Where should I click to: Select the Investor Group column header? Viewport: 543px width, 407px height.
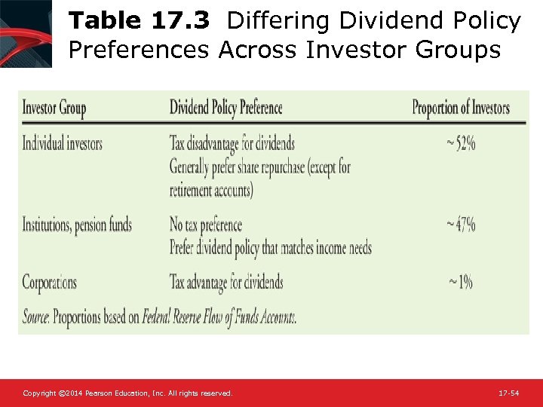pos(54,108)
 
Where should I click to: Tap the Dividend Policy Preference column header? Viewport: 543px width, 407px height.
pos(225,108)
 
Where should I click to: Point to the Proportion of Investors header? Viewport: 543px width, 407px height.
pos(461,108)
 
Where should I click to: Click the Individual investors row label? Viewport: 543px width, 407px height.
pos(62,143)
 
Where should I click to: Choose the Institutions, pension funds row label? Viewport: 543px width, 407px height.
pos(77,225)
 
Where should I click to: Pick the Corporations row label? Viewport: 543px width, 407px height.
pos(49,283)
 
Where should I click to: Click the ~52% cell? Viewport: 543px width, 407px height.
pos(461,143)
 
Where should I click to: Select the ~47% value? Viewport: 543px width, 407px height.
pos(460,225)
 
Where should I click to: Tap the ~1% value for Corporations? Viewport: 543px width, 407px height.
pos(461,283)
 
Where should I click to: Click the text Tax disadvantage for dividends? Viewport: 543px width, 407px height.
pos(232,143)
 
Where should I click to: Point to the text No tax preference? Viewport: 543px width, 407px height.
pos(205,225)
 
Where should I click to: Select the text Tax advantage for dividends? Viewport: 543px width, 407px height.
pos(226,283)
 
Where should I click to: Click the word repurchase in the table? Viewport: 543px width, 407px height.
pos(282,167)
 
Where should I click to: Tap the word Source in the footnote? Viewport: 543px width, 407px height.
pos(35,318)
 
